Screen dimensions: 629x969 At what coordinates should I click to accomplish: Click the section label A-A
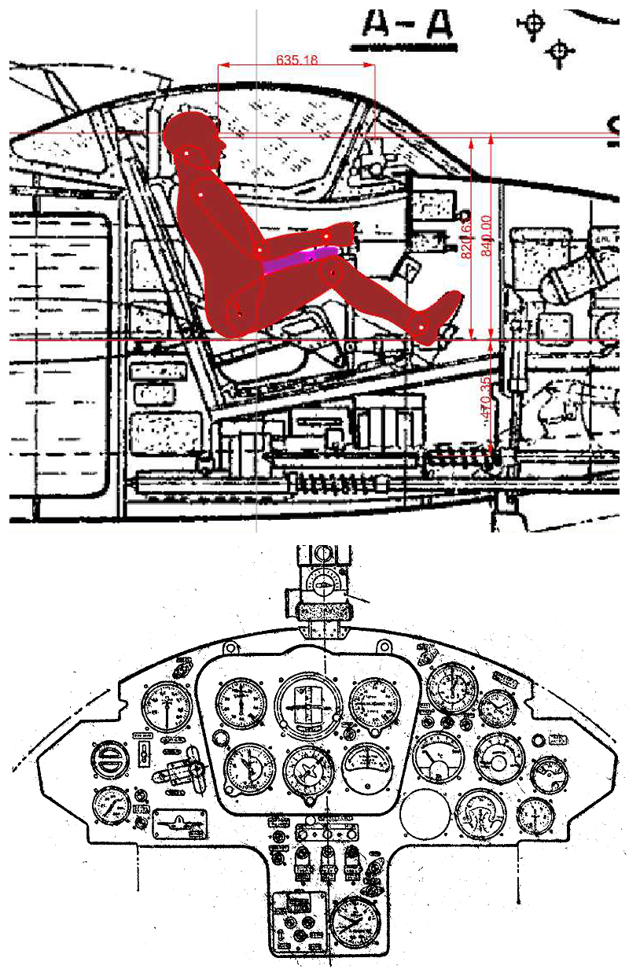407,25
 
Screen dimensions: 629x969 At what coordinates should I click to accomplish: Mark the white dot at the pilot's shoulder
201,192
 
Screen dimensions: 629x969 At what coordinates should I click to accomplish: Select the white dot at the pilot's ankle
421,325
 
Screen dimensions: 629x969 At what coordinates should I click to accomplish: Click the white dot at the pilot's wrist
326,235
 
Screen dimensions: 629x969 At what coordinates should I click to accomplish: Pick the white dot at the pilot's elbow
260,250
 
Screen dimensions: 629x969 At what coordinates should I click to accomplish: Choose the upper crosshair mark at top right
535,21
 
